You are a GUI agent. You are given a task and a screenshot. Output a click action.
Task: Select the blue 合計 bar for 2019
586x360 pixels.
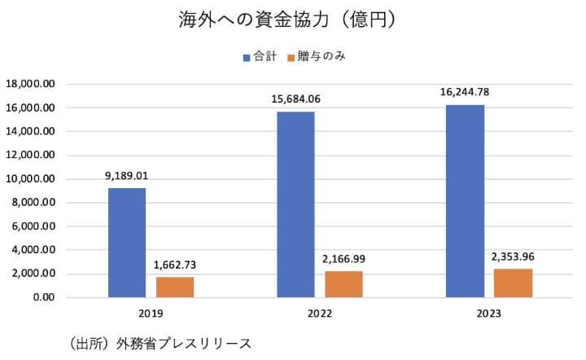coord(127,243)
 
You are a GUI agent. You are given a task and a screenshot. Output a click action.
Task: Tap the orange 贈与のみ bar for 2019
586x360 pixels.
coord(175,287)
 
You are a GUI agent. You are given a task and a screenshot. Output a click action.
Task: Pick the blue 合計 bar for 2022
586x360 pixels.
coord(295,204)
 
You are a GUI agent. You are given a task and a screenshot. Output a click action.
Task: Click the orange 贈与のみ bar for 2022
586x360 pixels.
coord(343,284)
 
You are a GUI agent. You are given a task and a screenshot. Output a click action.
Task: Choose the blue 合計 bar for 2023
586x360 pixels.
coord(465,201)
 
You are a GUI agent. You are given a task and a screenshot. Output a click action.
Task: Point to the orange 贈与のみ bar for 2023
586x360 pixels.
coord(513,283)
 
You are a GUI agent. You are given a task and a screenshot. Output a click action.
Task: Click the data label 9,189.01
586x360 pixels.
coord(127,175)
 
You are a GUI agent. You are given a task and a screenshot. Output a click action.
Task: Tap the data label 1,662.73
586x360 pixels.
coord(175,265)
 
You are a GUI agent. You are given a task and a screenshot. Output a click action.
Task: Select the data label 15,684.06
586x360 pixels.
coord(295,99)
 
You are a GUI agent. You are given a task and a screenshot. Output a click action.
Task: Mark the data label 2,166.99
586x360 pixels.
coord(343,259)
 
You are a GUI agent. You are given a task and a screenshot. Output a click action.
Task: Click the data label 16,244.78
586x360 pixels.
coord(465,91)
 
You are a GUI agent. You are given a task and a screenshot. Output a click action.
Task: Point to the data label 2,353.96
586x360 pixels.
coord(513,257)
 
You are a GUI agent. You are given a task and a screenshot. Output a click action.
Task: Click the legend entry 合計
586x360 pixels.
coord(260,57)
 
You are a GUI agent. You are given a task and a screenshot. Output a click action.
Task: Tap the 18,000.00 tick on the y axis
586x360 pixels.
coord(30,84)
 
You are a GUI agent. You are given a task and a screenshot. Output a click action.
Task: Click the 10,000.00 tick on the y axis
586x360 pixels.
coord(30,179)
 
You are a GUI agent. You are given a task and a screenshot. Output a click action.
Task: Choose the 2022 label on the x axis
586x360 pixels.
coord(319,314)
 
